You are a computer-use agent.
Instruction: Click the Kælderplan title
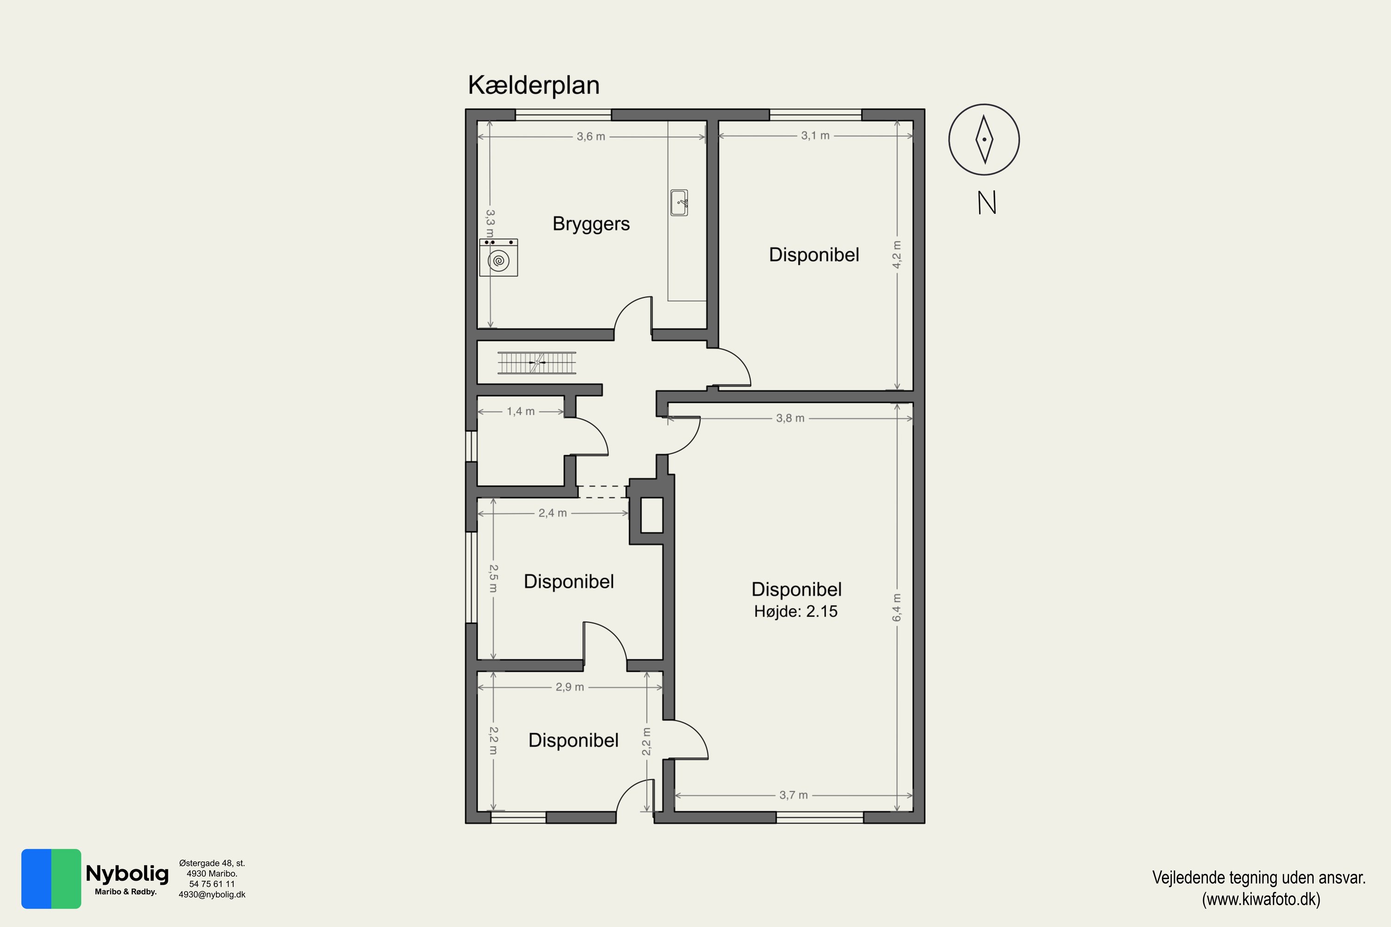(x=534, y=85)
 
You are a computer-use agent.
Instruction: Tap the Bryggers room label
(x=591, y=224)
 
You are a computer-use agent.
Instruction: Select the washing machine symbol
(x=498, y=257)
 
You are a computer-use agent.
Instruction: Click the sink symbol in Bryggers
(x=679, y=203)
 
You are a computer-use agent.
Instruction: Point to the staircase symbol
(x=536, y=362)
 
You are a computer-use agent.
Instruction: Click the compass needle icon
(x=984, y=140)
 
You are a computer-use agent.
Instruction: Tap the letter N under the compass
(x=987, y=203)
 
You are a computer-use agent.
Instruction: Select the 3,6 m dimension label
(x=591, y=137)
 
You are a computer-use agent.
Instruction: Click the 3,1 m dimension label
(x=815, y=135)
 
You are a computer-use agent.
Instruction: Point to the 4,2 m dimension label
(x=897, y=254)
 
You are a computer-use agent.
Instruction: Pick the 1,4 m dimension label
(x=520, y=411)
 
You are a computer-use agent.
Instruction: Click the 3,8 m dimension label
(x=790, y=418)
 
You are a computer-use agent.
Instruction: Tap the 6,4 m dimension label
(x=897, y=607)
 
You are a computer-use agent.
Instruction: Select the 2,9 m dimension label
(x=569, y=687)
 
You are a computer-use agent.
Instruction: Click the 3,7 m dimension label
(x=793, y=795)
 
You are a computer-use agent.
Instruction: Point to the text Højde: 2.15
(x=796, y=611)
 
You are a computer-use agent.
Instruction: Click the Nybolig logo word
(x=127, y=873)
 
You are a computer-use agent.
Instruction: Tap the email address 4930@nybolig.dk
(x=212, y=895)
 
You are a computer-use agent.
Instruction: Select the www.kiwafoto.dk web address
(x=1261, y=899)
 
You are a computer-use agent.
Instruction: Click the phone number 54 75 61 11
(x=212, y=884)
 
